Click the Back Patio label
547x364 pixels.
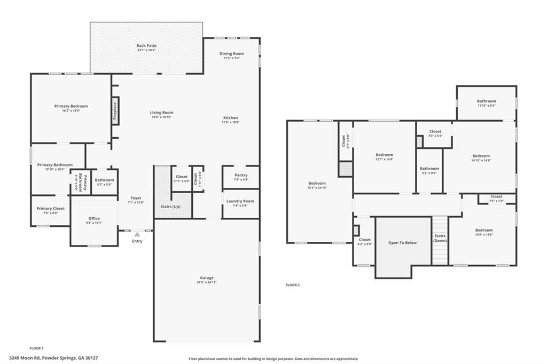[x=146, y=46]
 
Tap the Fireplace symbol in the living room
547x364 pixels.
[x=114, y=111]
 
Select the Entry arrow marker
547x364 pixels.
[x=137, y=234]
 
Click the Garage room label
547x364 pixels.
[x=207, y=278]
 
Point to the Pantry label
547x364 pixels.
[x=241, y=175]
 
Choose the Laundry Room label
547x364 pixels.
[x=240, y=201]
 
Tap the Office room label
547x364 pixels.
[x=94, y=218]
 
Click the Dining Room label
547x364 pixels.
[x=232, y=53]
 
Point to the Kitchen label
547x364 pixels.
[x=231, y=118]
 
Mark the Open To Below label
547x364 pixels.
[x=402, y=242]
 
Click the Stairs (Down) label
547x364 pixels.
[x=440, y=238]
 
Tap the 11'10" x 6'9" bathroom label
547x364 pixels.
[x=486, y=101]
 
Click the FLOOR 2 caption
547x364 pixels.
[x=293, y=285]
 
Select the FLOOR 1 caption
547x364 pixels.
[x=36, y=347]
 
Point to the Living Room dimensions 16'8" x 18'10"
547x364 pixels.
[x=161, y=117]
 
